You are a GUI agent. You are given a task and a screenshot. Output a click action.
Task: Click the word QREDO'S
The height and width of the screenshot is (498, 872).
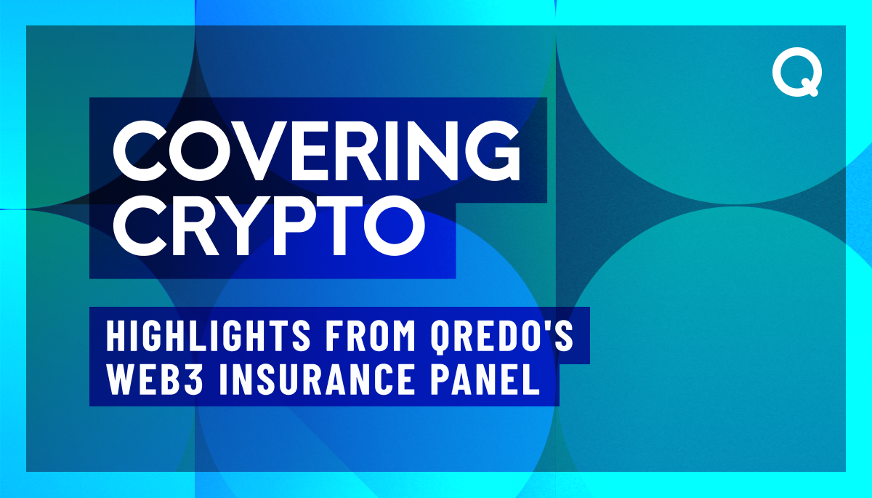pyautogui.click(x=494, y=337)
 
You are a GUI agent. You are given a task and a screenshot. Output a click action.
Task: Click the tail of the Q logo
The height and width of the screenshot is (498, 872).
pyautogui.click(x=812, y=91)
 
